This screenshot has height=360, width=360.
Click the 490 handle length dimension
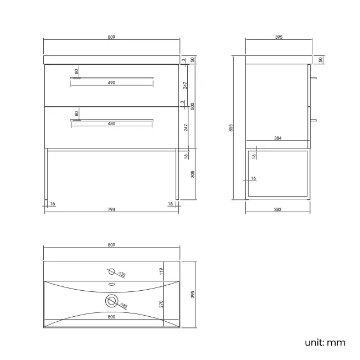point(111,83)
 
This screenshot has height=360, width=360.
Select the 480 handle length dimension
point(111,124)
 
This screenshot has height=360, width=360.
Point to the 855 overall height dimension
point(231,127)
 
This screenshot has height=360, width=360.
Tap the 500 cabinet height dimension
point(193,106)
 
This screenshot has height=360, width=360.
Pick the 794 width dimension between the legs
point(111,209)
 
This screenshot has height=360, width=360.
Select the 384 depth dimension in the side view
point(279,138)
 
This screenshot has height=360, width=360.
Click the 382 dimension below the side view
point(279,209)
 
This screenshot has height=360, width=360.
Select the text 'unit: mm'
point(325,342)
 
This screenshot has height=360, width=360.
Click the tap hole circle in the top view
point(111,272)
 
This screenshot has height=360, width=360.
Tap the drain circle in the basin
point(112,301)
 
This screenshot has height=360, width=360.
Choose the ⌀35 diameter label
point(122,274)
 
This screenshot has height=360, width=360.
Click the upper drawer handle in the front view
point(111,78)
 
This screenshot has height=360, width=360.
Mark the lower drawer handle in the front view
point(111,119)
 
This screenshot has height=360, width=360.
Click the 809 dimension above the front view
point(111,37)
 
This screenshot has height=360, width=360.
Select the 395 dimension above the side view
point(279,37)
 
